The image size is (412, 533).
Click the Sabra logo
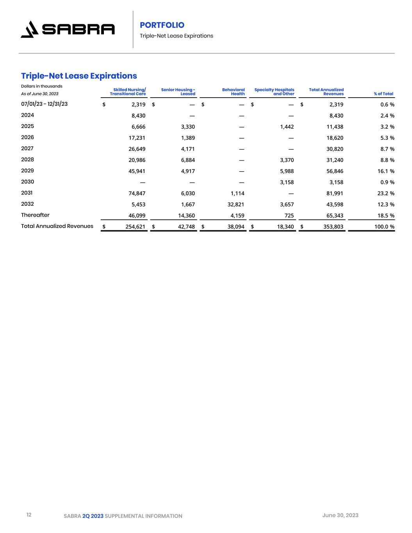tap(68, 29)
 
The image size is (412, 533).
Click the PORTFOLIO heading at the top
tap(162, 25)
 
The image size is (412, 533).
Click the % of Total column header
tap(383, 94)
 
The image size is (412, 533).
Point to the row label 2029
tap(27, 171)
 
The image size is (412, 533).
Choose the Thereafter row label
tap(35, 215)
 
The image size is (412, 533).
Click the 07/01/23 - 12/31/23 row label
tap(44, 104)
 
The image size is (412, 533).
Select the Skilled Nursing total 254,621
tap(135, 226)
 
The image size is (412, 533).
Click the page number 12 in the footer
tap(29, 515)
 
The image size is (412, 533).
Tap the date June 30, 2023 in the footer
tap(340, 515)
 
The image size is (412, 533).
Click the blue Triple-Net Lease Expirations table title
tap(79, 75)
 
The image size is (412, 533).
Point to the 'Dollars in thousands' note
tap(42, 86)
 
